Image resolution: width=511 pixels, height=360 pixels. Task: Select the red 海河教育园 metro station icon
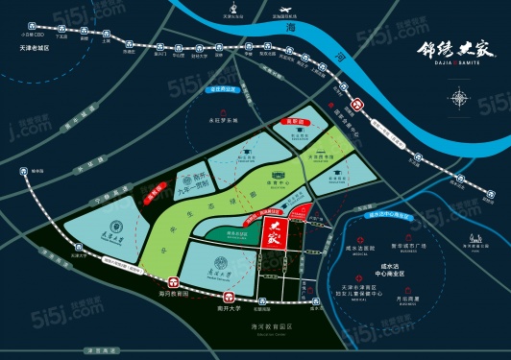point(173,282)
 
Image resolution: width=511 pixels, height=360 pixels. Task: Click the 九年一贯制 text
point(198,188)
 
